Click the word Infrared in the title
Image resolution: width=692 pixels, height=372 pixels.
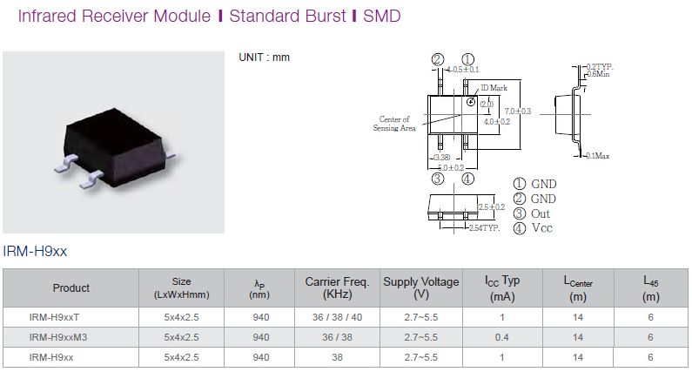[47, 16]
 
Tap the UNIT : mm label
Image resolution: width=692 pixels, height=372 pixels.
[264, 57]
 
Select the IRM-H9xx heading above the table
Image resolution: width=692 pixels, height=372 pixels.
[35, 252]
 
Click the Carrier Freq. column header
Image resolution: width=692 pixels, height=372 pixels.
[337, 287]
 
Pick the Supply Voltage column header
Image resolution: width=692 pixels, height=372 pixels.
[421, 287]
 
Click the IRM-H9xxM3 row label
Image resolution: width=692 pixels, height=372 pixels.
[58, 337]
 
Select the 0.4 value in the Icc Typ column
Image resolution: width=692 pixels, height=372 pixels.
[501, 337]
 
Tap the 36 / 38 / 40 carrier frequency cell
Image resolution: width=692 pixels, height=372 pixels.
[337, 317]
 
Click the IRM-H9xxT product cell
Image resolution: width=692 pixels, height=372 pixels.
[54, 317]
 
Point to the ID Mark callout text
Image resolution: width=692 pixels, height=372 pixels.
[494, 88]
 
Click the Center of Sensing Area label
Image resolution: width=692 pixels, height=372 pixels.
[394, 124]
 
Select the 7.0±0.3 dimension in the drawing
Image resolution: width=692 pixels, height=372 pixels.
[518, 111]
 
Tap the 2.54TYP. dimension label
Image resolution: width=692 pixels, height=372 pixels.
[484, 228]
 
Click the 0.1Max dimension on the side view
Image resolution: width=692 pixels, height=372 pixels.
[598, 156]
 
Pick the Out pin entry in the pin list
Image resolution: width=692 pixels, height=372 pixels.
[532, 213]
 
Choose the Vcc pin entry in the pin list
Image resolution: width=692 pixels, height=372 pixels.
[533, 228]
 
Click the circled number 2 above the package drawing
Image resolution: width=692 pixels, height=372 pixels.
[437, 59]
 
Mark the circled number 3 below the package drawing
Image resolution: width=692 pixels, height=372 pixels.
[437, 179]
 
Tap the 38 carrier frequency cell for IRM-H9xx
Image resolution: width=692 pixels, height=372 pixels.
[337, 357]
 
